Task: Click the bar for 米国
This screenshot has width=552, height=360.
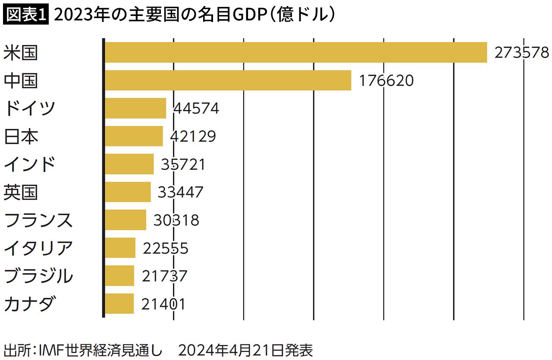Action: click(296, 53)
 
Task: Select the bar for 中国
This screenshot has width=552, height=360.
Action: click(228, 81)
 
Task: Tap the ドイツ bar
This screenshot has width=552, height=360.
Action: click(135, 108)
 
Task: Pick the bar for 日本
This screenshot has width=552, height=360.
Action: click(134, 136)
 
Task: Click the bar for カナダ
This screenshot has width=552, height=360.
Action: click(119, 304)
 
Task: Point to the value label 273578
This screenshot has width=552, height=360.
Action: click(522, 53)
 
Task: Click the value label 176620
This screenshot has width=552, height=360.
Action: click(386, 81)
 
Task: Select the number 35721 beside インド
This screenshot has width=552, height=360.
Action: click(183, 164)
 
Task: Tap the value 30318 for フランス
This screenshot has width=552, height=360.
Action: click(177, 220)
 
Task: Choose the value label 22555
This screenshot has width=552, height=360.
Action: click(166, 248)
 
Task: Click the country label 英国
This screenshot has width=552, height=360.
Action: click(20, 192)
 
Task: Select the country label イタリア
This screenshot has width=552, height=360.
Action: click(38, 248)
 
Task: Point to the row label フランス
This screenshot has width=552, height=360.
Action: click(38, 220)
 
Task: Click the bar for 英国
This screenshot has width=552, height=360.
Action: click(128, 192)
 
